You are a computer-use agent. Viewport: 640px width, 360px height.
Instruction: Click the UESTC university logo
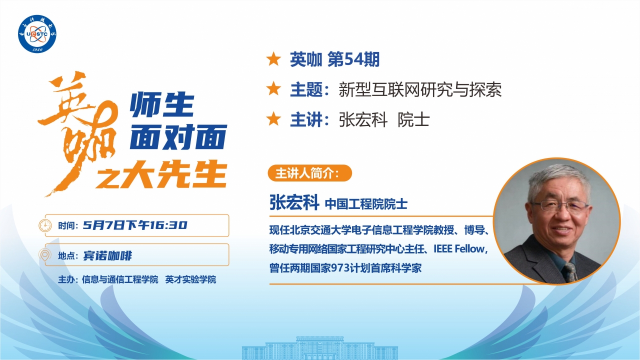pos(38,33)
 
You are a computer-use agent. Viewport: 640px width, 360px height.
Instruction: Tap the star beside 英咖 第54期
pos(273,60)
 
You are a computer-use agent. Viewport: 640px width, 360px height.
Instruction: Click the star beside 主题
pos(273,89)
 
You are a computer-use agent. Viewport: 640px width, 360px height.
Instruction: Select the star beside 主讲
pos(273,119)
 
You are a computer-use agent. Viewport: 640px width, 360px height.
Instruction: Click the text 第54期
pos(353,60)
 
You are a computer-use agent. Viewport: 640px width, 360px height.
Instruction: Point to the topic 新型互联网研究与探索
pos(420,90)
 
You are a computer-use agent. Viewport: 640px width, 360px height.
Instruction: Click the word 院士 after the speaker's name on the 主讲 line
pos(413,120)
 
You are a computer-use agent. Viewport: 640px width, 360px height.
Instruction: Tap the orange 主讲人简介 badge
pos(310,173)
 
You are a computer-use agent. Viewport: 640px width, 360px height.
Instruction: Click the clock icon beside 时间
pos(45,225)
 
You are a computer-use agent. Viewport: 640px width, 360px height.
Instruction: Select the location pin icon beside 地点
pos(45,255)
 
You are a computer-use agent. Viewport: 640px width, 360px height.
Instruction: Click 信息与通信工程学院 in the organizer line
pos(120,279)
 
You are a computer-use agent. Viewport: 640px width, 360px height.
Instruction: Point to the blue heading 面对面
pos(177,136)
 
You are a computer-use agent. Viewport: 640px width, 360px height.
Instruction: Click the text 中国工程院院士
pos(366,204)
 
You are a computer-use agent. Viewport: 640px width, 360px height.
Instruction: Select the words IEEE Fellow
pos(459,248)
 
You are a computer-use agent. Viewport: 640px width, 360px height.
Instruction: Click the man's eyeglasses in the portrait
pos(559,205)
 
